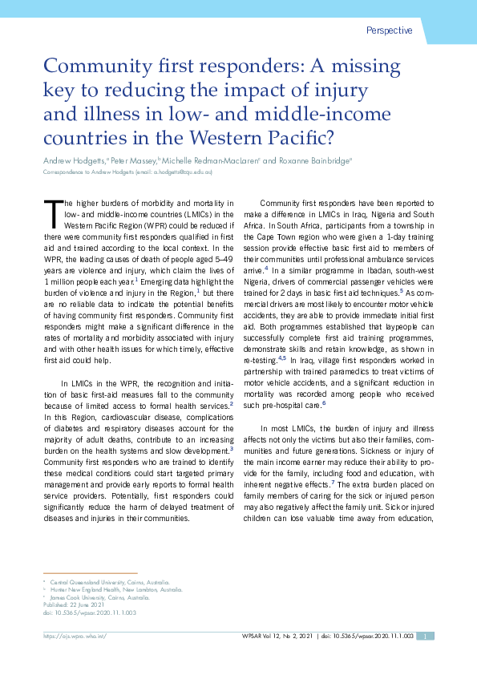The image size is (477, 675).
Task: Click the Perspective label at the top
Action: pos(389,30)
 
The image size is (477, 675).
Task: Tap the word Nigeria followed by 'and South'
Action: pos(380,215)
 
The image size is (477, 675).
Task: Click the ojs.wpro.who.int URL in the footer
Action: pos(74,636)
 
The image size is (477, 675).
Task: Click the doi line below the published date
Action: pos(89,612)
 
